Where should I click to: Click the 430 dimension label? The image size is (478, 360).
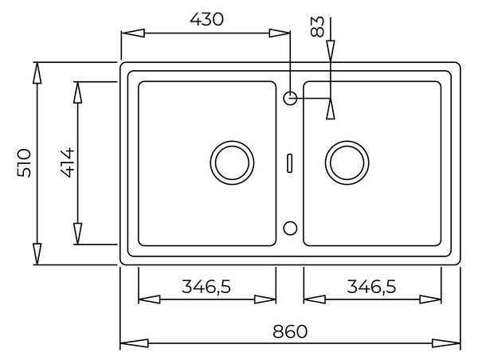206,19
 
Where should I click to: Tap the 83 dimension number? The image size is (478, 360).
317,27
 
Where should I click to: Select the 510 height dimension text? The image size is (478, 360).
24,162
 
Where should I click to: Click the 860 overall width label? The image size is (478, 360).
290,331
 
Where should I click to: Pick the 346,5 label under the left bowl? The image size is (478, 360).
206,287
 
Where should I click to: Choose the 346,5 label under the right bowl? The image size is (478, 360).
371,287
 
